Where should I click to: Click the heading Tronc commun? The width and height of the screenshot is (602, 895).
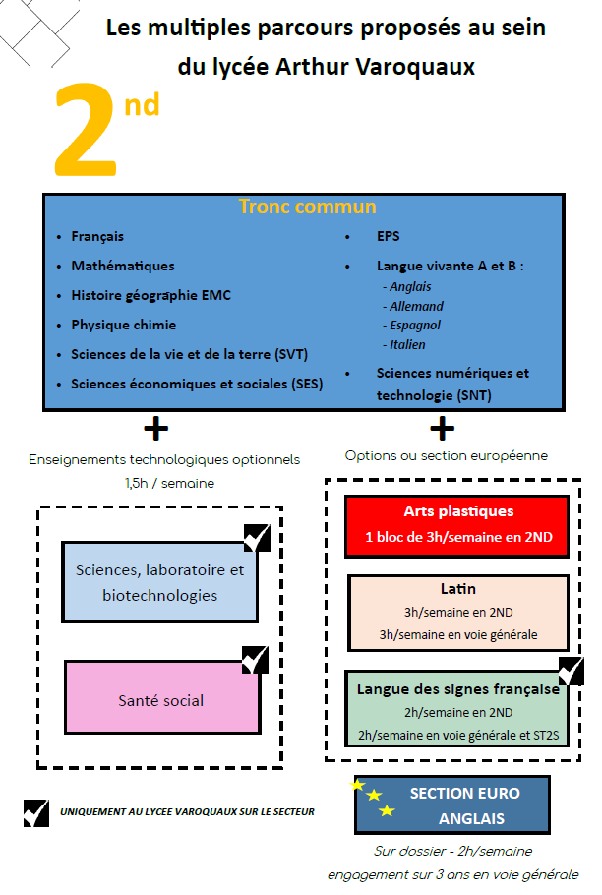point(307,207)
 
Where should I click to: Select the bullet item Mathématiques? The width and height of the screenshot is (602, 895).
point(123,266)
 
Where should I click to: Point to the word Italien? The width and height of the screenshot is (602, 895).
point(407,344)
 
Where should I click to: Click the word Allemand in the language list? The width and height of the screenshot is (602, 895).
point(416,306)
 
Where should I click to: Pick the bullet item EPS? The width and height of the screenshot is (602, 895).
point(388,237)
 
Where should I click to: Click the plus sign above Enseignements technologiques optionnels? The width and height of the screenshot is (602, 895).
point(155,429)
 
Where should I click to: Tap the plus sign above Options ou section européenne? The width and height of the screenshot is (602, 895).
point(443,428)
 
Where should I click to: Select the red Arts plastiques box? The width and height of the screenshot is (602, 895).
point(456,525)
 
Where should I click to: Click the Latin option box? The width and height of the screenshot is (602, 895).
point(458,611)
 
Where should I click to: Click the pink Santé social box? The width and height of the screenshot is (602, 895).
point(161,701)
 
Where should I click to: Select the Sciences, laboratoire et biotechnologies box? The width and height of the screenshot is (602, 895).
point(159,582)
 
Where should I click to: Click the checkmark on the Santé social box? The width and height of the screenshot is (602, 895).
point(255,660)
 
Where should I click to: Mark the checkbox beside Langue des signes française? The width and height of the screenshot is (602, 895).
point(570,671)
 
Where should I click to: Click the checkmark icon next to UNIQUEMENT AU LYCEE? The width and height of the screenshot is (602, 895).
point(36,812)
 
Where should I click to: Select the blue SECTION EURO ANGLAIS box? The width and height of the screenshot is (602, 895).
point(451,805)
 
